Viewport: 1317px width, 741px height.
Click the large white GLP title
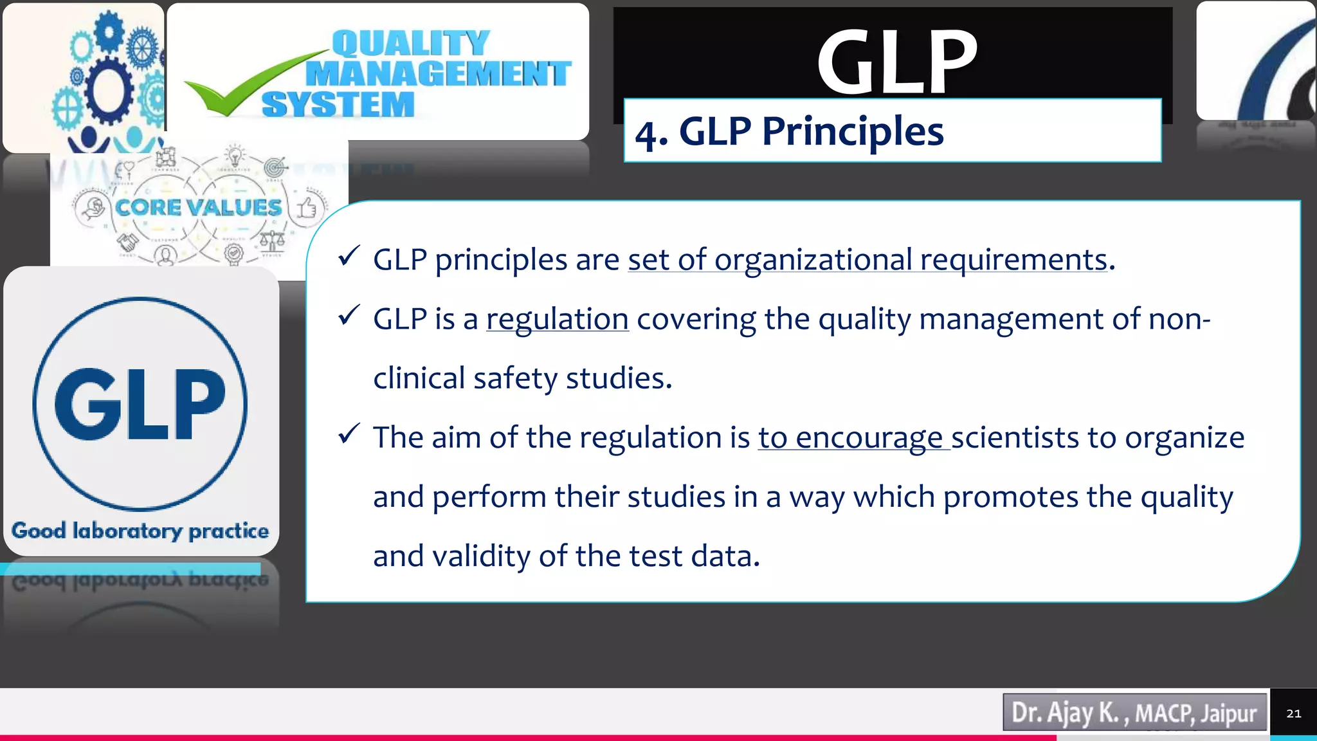tap(897, 63)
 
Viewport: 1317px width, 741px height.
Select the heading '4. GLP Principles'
tap(789, 132)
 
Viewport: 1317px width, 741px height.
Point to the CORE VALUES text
tap(198, 207)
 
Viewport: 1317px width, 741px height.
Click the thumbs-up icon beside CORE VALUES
tap(307, 208)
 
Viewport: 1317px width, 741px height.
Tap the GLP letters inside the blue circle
tap(140, 405)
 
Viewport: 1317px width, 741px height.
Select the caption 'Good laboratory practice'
tap(140, 531)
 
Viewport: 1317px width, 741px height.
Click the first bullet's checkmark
tap(349, 257)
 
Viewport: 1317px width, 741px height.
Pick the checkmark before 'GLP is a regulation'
tap(349, 315)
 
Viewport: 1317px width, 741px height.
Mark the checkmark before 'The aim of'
tap(349, 434)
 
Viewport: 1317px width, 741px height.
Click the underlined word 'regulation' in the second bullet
tap(557, 319)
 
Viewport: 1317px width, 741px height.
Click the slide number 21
tap(1293, 713)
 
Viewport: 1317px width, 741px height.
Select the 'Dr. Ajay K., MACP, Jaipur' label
tap(1134, 713)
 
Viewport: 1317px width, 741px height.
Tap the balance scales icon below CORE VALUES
tap(272, 242)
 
